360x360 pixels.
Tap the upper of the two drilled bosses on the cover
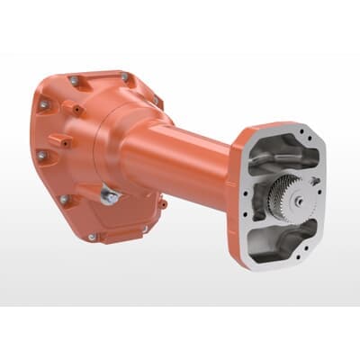[71, 110]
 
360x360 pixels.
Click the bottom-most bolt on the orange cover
[93, 237]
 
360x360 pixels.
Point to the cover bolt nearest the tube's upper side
[153, 102]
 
